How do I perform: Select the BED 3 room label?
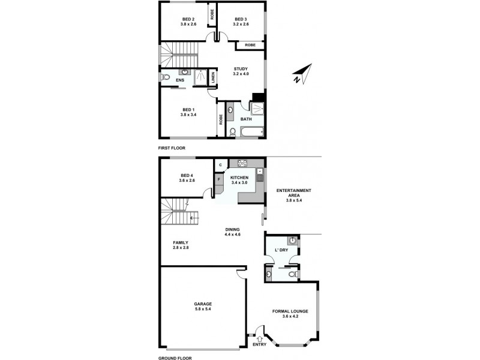tap(240, 19)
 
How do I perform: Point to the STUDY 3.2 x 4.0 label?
tap(241, 71)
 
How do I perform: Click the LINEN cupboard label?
tap(213, 78)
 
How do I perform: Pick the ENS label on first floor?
tap(180, 80)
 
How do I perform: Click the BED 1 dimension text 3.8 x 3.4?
tap(189, 115)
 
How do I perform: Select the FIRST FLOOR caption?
tap(172, 148)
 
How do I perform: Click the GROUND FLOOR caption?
tap(175, 358)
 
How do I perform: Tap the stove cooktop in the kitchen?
tap(243, 163)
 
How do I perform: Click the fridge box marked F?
tap(219, 179)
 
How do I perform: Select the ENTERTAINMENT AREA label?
tap(293, 193)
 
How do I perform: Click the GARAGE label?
tap(202, 304)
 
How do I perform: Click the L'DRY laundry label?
tap(281, 249)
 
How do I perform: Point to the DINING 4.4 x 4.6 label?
tap(232, 229)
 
